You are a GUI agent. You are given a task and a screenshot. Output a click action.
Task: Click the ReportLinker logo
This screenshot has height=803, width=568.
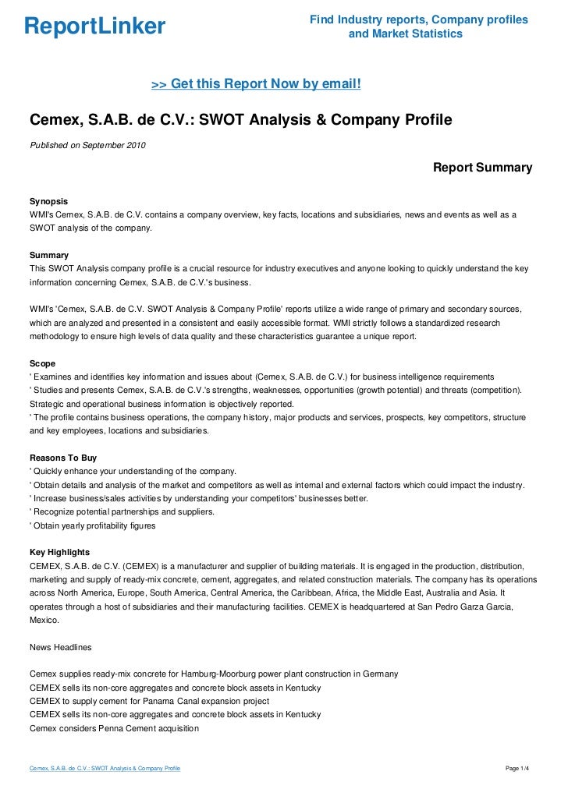(95, 27)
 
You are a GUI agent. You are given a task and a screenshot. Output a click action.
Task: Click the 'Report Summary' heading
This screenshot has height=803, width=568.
(482, 167)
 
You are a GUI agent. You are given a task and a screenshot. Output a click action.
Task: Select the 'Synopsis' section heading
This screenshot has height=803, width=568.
(48, 201)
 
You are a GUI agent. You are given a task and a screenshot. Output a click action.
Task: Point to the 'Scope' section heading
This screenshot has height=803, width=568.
(42, 363)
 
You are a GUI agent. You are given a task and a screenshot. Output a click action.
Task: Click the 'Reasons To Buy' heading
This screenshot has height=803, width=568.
(62, 458)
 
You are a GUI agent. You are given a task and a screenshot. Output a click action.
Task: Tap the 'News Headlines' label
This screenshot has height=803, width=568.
(60, 646)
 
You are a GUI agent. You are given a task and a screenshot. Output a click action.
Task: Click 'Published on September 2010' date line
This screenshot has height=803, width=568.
(87, 145)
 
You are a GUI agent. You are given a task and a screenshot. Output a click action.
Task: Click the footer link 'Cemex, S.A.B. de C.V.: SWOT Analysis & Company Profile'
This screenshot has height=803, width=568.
(105, 769)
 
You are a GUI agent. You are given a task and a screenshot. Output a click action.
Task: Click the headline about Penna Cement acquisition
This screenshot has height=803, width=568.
(114, 728)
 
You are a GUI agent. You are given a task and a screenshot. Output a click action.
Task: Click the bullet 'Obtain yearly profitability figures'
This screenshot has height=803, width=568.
(92, 525)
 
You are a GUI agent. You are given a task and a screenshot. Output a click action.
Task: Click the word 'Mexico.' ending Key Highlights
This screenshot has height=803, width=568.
(44, 620)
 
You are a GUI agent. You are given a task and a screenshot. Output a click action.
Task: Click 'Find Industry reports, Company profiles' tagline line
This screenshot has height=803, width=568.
(418, 19)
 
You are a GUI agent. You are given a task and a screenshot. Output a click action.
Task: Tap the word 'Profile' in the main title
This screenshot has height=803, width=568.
(425, 121)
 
